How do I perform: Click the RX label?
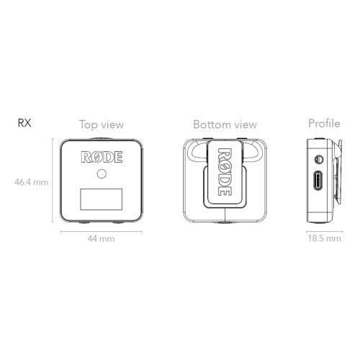coord(24,122)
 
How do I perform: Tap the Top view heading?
coord(102,125)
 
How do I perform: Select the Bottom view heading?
coord(225,125)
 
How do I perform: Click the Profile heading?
coord(324,123)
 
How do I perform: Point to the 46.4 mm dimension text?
coord(32,182)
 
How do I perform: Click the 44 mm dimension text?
coord(101,239)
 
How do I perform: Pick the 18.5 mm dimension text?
coord(325,238)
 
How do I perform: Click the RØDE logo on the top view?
coord(102,157)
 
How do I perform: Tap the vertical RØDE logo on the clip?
coord(225,172)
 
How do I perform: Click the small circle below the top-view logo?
coord(102,174)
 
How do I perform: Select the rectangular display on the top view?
coord(102,199)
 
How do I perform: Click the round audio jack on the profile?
coord(319,159)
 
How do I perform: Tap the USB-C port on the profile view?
coord(318,180)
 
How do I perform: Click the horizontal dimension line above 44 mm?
coord(102,232)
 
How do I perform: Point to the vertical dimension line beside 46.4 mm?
coord(53,180)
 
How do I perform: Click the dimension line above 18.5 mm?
coord(324,232)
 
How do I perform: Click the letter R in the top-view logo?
coord(86,157)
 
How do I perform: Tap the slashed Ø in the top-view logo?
coord(96,157)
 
